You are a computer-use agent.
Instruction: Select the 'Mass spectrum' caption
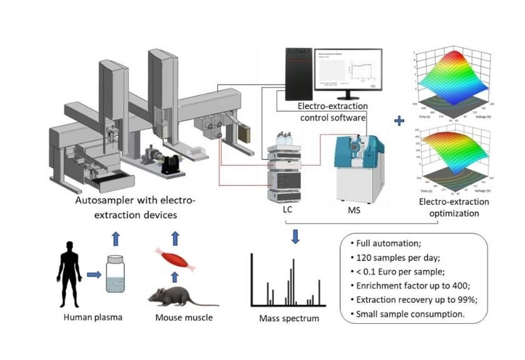(289, 319)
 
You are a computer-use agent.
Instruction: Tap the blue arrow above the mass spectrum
(295, 237)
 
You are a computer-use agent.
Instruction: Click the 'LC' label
(287, 210)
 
